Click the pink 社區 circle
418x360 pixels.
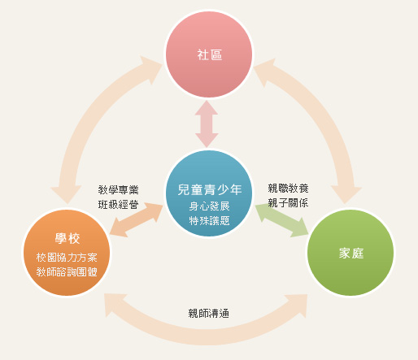pos(209,54)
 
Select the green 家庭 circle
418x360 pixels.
pos(351,253)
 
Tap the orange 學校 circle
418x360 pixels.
pos(67,253)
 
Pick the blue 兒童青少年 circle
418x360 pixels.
pos(209,193)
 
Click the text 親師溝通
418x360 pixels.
pos(209,314)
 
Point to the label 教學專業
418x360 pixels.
pos(118,189)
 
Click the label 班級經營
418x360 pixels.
pos(118,204)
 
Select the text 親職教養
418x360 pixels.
pos(288,188)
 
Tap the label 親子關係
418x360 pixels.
pos(288,202)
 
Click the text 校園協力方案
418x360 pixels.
pos(67,258)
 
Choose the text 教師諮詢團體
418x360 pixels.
pos(67,272)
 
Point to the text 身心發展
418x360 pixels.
pos(209,206)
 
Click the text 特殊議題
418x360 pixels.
pos(209,221)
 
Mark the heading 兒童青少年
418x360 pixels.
pos(210,189)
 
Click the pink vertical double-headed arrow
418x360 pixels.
pos(207,124)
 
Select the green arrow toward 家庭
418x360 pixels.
pos(282,220)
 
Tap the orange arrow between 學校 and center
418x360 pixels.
pos(137,219)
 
